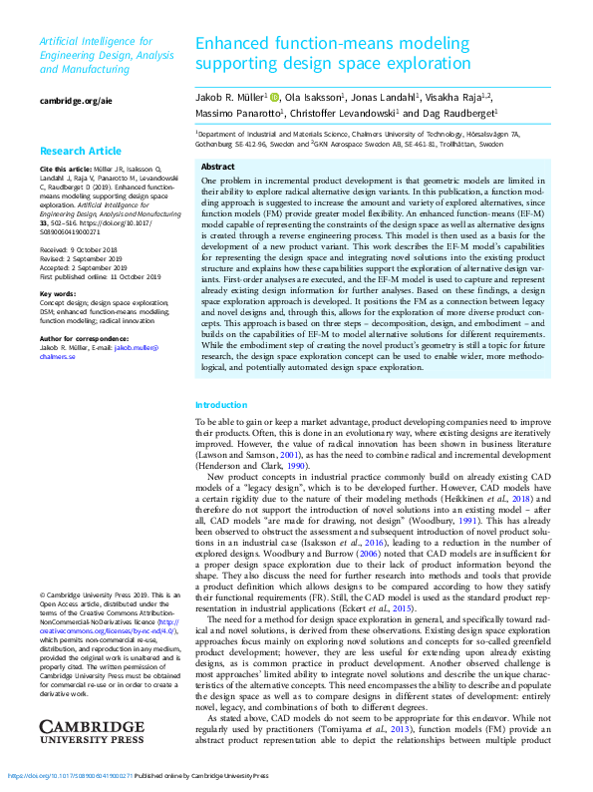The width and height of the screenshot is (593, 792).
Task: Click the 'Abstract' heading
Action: point(218,167)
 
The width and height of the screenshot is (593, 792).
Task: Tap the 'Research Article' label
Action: point(81,152)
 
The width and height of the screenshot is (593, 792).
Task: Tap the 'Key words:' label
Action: point(57,294)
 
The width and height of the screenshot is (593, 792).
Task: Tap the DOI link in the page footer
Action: point(70,775)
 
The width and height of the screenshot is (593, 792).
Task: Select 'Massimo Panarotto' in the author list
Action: point(237,115)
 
